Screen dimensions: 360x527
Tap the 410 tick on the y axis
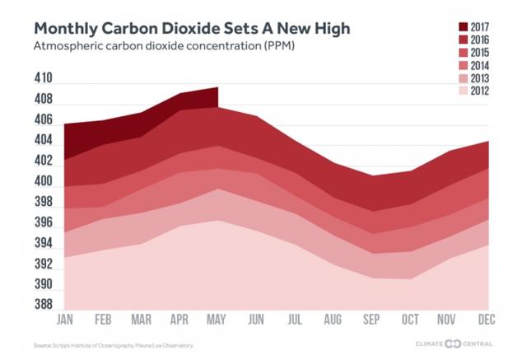43,80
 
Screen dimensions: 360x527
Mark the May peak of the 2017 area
217,87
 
